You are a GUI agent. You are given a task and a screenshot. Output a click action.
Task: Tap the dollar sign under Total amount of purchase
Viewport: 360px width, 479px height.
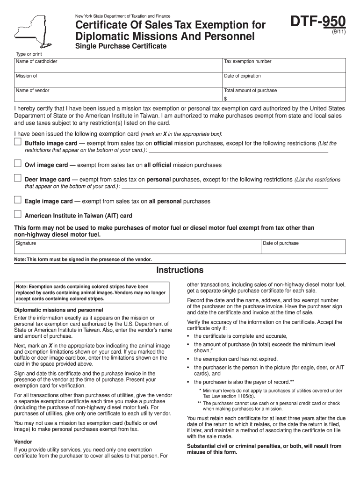(225, 99)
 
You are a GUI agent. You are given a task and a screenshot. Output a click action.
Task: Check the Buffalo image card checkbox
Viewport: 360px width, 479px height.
(17, 142)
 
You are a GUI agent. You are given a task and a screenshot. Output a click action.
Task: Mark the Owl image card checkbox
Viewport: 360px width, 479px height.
(17, 164)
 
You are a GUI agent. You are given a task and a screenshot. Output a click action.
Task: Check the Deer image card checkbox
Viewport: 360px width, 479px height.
(17, 178)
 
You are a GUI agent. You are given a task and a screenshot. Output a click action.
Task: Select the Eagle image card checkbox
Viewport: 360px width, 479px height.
(17, 200)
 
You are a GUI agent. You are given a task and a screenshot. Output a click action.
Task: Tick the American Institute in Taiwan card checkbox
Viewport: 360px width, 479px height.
(17, 215)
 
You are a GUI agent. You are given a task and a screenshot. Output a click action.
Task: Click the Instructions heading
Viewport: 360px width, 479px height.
(180, 270)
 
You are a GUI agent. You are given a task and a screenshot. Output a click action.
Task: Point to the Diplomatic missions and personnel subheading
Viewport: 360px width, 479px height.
(59, 310)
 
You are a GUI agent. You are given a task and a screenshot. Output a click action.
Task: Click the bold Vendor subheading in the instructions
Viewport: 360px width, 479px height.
(23, 442)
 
